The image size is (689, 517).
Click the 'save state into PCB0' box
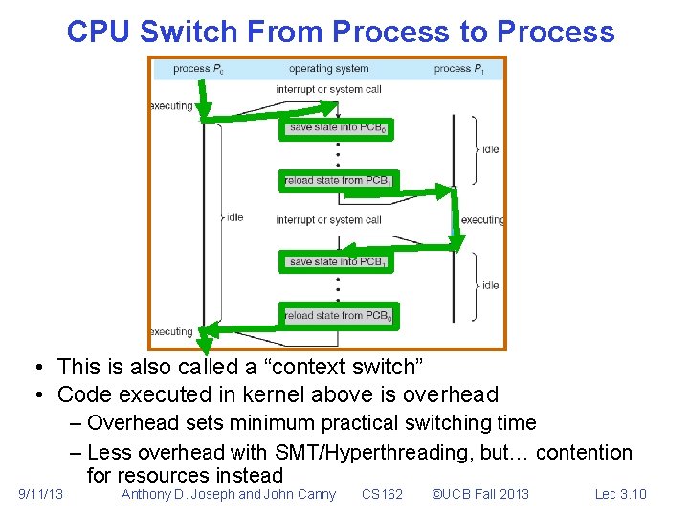[337, 128]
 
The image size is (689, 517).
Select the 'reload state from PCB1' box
[337, 180]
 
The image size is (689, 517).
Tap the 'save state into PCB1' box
[337, 261]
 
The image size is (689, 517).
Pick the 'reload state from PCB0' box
[337, 315]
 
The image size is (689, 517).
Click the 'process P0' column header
[199, 69]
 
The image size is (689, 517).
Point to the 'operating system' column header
[328, 69]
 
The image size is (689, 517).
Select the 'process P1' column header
[458, 69]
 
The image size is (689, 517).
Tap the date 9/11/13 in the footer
[41, 494]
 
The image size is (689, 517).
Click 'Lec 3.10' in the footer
[620, 494]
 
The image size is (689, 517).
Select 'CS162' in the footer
[382, 494]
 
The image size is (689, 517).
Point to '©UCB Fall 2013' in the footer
[479, 494]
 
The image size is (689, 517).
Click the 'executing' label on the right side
[482, 220]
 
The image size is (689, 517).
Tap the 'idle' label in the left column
[234, 217]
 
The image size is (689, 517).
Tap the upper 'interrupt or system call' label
[328, 90]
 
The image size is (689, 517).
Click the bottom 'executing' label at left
[172, 332]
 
